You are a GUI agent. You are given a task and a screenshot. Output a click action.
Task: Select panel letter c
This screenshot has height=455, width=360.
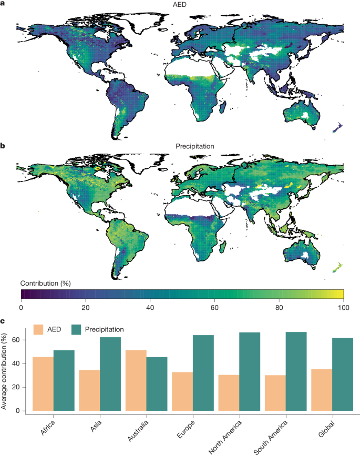3,320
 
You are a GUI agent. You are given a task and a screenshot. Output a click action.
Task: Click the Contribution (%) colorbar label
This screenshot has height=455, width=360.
46,282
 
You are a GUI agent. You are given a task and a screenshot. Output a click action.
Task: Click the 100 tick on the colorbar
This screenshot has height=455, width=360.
343,307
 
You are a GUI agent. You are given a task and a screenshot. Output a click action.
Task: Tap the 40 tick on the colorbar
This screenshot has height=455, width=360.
150,307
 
